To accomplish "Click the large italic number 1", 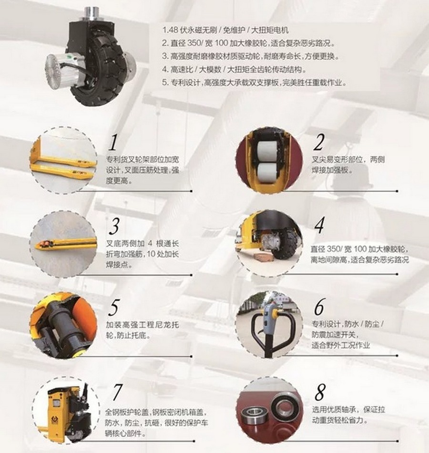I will (x=113, y=142).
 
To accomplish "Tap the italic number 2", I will (x=319, y=143).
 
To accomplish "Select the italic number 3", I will (x=114, y=226).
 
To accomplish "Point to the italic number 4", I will (x=319, y=226).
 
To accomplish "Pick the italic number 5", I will (x=113, y=308).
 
